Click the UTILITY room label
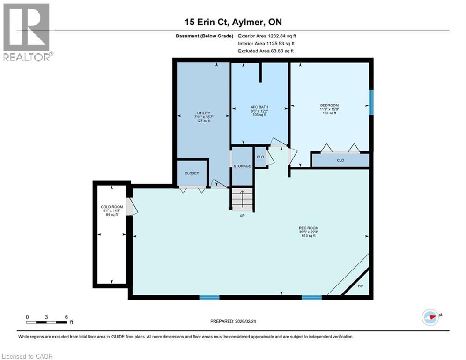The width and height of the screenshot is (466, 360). (x=204, y=113)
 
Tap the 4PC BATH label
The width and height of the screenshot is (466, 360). (x=259, y=107)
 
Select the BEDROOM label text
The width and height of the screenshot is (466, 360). (x=329, y=105)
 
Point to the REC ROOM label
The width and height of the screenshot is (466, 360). (x=309, y=228)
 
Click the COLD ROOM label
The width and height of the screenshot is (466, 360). (x=112, y=207)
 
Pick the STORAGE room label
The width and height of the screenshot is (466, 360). (x=242, y=166)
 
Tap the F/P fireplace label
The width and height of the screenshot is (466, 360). (x=361, y=286)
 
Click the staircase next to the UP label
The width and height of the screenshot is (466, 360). (x=242, y=199)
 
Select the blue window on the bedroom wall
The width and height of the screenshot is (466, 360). (x=371, y=102)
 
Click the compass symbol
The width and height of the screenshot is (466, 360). (x=430, y=317)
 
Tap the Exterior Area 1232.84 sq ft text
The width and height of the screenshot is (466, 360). (x=267, y=36)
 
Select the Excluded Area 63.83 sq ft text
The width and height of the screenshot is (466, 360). (x=266, y=51)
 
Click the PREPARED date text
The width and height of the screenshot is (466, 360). (x=233, y=321)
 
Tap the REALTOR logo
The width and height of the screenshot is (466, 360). (x=28, y=32)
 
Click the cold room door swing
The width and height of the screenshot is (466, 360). (x=132, y=207)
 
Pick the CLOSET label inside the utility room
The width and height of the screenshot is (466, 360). (x=192, y=173)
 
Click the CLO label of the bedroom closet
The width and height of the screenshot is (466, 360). (x=340, y=160)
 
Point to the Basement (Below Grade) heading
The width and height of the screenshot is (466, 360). (x=205, y=36)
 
